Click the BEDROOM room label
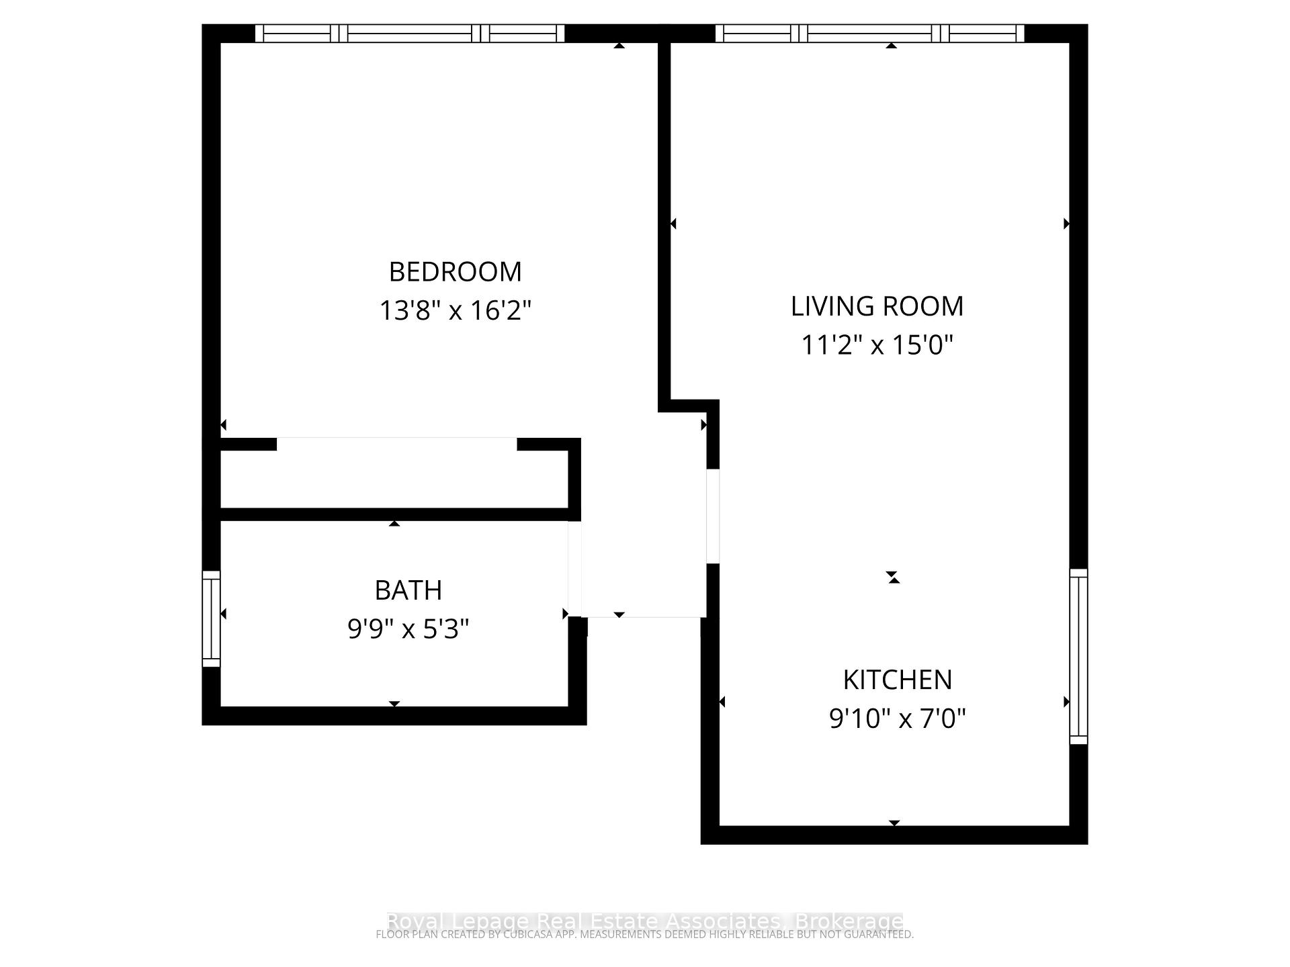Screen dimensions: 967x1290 [x=455, y=272]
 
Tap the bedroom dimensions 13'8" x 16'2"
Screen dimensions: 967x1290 [x=455, y=311]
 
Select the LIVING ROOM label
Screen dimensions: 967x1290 [x=877, y=306]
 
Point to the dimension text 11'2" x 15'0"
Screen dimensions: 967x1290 [x=877, y=345]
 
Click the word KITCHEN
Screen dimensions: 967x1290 [x=897, y=680]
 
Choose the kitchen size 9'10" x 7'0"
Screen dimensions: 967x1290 [x=897, y=719]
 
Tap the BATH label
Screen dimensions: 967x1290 [x=408, y=590]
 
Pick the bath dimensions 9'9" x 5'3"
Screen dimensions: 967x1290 [x=408, y=629]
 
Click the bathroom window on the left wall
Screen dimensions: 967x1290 [x=211, y=618]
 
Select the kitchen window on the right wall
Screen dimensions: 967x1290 [x=1078, y=656]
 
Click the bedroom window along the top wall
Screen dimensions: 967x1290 [x=410, y=34]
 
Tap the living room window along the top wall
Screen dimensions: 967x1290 [x=870, y=34]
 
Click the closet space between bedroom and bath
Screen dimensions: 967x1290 [x=394, y=479]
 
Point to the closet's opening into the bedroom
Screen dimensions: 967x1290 [x=396, y=444]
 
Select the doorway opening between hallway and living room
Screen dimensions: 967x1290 [x=713, y=516]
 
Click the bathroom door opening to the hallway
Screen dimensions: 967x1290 [x=574, y=568]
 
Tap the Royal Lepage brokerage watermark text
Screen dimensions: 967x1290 [x=644, y=921]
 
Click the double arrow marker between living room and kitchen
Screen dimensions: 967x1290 [x=892, y=577]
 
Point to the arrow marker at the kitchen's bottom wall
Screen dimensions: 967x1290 [x=894, y=823]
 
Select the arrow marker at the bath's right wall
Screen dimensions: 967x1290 [x=565, y=614]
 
